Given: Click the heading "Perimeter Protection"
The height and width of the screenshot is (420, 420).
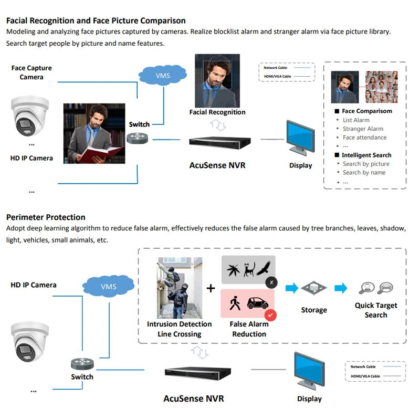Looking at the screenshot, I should click(46, 217).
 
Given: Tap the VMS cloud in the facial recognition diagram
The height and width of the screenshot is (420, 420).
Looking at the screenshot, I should click(163, 76).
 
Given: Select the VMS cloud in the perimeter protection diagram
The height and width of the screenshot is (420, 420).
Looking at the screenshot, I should click(109, 286).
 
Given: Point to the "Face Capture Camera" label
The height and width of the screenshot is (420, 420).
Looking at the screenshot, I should click(31, 72).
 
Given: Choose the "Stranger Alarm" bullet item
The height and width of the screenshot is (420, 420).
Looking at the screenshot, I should click(363, 129).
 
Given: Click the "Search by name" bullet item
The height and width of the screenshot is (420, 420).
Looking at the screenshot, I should click(364, 172).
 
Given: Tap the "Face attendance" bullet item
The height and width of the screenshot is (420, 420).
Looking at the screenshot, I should click(364, 138).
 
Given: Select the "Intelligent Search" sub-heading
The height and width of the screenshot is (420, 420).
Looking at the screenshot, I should click(366, 155).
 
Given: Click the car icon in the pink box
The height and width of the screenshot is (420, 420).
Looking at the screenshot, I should click(258, 304).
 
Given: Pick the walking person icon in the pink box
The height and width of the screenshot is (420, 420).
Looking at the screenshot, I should click(234, 304).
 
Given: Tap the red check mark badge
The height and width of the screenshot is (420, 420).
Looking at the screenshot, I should click(271, 315).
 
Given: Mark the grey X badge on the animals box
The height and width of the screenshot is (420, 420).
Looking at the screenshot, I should click(271, 282).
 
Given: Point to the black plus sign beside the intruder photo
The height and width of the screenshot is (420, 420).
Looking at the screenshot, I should click(211, 288).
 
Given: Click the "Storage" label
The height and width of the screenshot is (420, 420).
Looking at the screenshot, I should click(314, 310).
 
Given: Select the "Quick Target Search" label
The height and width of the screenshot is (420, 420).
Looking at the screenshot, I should click(376, 310).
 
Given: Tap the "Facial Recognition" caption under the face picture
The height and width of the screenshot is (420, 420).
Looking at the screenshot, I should click(217, 112).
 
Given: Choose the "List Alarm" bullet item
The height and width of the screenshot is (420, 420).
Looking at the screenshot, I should click(356, 120).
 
